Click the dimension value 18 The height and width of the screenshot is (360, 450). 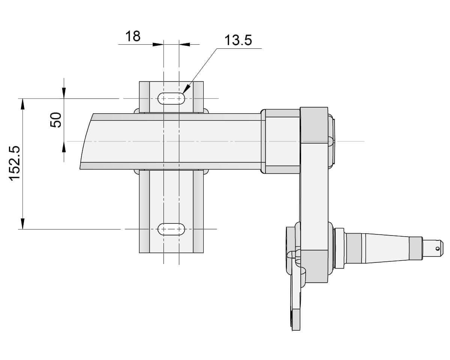[x=133, y=36]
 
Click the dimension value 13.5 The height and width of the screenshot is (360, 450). [x=238, y=40]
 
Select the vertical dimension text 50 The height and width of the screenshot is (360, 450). [x=56, y=120]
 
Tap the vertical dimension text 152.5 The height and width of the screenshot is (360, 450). [x=15, y=163]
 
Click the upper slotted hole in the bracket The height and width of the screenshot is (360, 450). [x=171, y=99]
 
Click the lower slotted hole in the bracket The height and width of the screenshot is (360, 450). [x=171, y=229]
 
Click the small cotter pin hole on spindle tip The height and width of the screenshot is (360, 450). [x=438, y=247]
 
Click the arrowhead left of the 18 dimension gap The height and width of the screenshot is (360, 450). [x=158, y=44]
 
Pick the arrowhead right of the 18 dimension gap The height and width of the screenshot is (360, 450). [x=184, y=44]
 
